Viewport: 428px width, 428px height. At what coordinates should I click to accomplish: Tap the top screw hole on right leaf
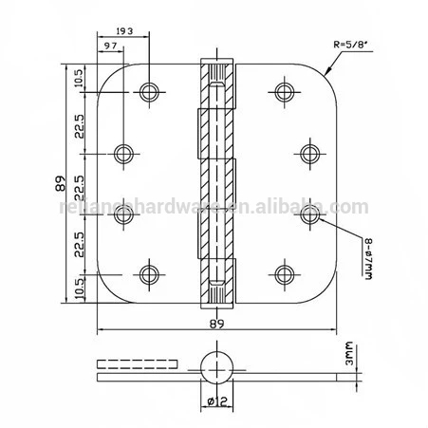[282, 91]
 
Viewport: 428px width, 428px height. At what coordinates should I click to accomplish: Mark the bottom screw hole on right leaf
[282, 275]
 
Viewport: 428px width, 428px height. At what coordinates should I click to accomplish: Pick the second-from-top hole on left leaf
[123, 153]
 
